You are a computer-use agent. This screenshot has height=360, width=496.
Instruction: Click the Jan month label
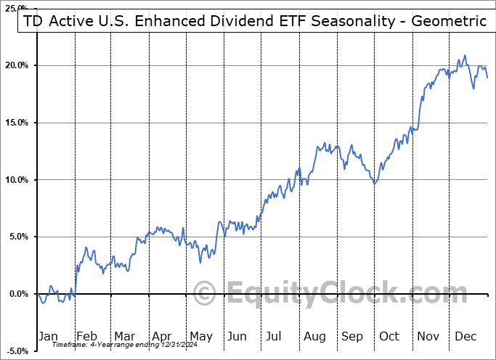point(48,336)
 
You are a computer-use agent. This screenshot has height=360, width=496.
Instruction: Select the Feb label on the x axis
point(87,336)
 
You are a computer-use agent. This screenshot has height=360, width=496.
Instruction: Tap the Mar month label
point(124,336)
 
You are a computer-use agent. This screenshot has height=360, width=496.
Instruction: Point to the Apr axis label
point(161,336)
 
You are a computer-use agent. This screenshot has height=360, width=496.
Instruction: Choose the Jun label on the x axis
point(237,336)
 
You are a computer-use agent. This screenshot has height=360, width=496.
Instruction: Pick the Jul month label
point(274,336)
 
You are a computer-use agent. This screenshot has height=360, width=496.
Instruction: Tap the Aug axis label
point(314,336)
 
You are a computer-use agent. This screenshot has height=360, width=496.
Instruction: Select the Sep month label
point(352,336)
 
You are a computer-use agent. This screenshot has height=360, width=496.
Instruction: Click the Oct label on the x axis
point(389,336)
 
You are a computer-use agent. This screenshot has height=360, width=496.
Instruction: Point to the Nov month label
point(428,336)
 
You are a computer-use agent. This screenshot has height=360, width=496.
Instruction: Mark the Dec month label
point(466,336)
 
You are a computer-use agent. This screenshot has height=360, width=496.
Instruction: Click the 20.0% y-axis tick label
point(16,65)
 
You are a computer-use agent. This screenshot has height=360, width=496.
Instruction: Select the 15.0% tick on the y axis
point(16,123)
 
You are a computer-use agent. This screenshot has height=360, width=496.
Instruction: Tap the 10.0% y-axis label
point(16,180)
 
